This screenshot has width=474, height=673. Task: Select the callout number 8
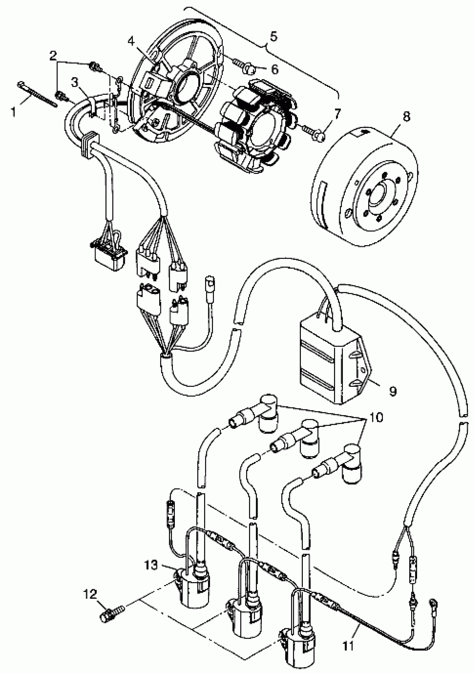click(x=406, y=117)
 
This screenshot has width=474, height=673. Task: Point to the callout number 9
click(x=393, y=391)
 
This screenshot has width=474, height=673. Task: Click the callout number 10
click(x=376, y=417)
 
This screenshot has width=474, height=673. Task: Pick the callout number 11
click(x=348, y=646)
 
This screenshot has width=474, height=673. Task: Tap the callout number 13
click(x=151, y=565)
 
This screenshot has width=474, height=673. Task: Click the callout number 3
click(x=75, y=83)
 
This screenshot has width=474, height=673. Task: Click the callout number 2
click(x=53, y=55)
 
